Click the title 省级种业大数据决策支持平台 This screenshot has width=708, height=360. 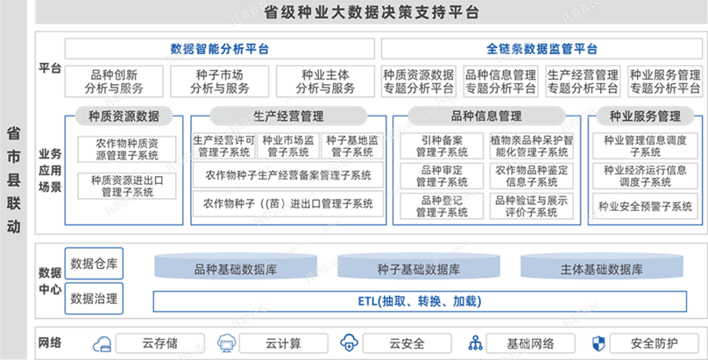pyautogui.click(x=371, y=12)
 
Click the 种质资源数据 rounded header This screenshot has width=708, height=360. pyautogui.click(x=124, y=116)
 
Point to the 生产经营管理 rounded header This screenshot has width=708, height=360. pyautogui.click(x=288, y=116)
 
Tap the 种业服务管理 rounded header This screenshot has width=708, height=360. pyautogui.click(x=645, y=116)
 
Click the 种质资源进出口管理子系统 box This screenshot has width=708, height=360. pyautogui.click(x=126, y=185)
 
